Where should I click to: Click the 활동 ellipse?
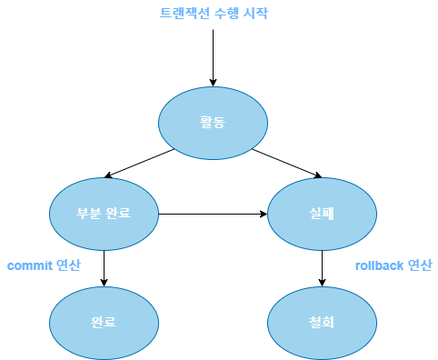point(213,123)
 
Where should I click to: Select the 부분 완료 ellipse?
point(104,214)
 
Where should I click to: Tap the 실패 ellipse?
point(322,214)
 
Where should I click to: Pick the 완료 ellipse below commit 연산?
point(104,323)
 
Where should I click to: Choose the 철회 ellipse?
point(322,323)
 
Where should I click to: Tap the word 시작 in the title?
point(255,13)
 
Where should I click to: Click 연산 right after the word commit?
point(68,265)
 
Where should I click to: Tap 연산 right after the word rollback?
point(420,265)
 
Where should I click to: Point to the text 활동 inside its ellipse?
point(213,123)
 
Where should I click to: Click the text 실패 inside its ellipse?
point(322,214)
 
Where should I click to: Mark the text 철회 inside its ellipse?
point(322,323)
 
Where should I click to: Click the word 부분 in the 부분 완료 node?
point(89,214)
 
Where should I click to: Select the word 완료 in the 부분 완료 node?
point(118,214)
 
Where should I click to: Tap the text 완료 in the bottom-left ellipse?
point(104,323)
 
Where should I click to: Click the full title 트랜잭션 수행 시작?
point(214,13)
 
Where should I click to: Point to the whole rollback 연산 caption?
point(393,265)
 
